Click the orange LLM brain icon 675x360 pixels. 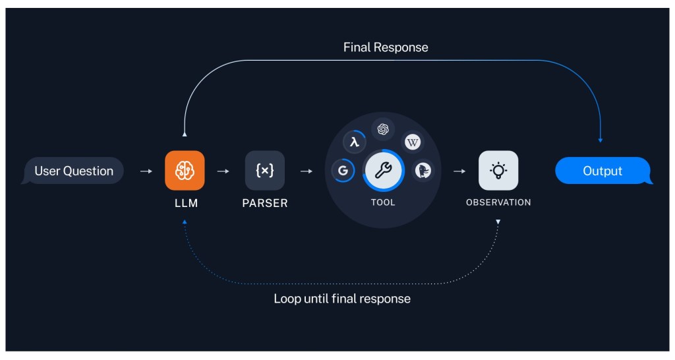(x=185, y=171)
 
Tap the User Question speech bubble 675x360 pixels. (x=73, y=171)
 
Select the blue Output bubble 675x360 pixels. (x=602, y=171)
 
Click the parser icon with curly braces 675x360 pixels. (x=264, y=171)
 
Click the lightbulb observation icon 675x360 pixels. (x=498, y=171)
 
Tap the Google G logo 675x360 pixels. (x=343, y=171)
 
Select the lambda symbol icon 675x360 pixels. (x=355, y=141)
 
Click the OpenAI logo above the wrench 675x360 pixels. (x=382, y=129)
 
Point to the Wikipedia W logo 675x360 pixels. (x=413, y=141)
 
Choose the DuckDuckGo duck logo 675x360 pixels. (x=423, y=171)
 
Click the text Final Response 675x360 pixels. (x=386, y=47)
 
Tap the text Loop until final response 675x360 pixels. (x=342, y=299)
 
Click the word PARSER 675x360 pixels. (x=264, y=203)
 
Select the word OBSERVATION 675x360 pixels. (x=498, y=202)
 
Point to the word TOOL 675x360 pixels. (x=382, y=202)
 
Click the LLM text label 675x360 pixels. (x=185, y=203)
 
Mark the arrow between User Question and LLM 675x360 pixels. (x=146, y=171)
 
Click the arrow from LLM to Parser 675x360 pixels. (x=223, y=171)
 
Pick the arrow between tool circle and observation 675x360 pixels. (x=459, y=171)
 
